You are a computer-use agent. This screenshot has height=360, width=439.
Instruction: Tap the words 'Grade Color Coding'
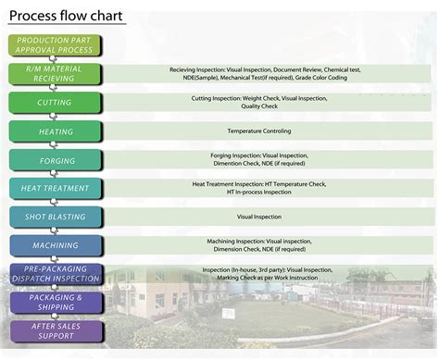[x=320, y=79]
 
